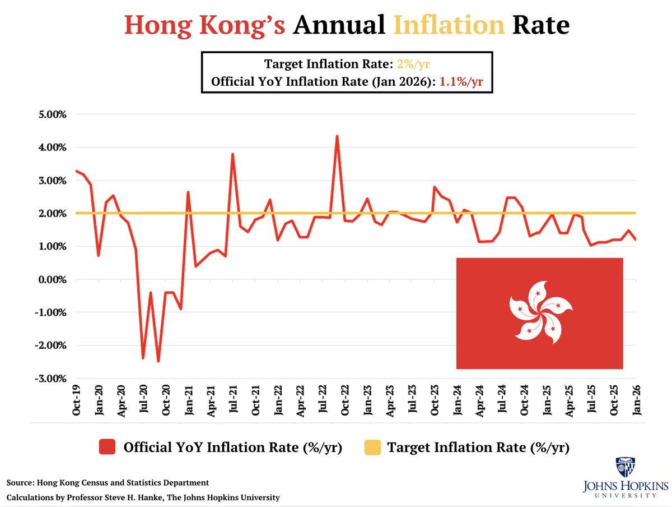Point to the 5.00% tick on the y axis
pos(52,114)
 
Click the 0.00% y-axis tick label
pos(52,279)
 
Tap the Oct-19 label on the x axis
pos(77,401)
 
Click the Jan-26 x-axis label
pos(637,401)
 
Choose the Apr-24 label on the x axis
pos(479,401)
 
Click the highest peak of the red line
pos(337,136)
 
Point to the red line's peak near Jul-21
pos(232,154)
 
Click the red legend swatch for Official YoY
pos(107,448)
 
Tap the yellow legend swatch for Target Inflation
pos(372,448)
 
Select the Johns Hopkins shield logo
pos(624,467)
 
